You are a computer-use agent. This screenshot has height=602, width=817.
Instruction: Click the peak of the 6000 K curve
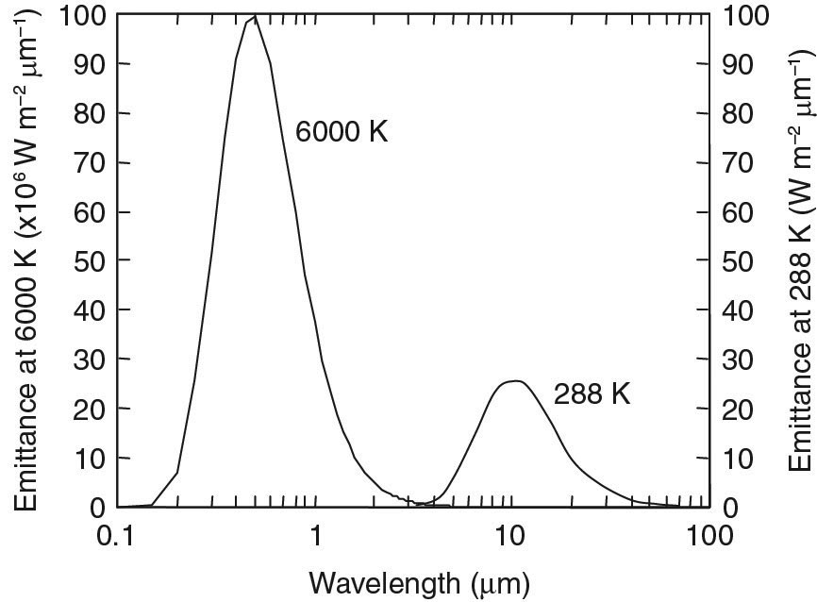(x=255, y=16)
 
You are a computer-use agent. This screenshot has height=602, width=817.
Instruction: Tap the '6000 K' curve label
(x=342, y=131)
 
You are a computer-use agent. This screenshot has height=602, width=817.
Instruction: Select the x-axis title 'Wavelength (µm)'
(x=412, y=578)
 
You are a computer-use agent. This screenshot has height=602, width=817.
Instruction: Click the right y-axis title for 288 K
(x=800, y=259)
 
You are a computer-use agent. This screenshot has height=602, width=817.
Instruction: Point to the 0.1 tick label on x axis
(x=118, y=536)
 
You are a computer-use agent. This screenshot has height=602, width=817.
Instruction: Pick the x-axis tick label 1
(x=316, y=536)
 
